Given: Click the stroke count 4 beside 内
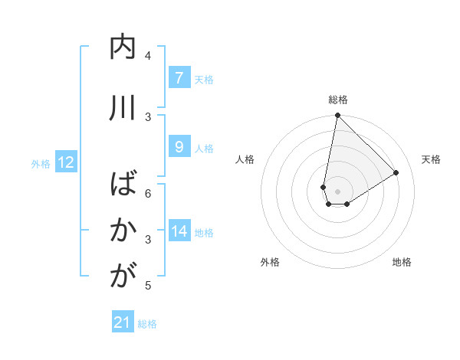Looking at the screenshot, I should (148, 55).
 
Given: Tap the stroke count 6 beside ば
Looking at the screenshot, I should (148, 193).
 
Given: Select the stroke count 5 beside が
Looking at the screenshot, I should (148, 286).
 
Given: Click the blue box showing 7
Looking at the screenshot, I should (179, 77).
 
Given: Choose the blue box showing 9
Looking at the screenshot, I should (179, 147).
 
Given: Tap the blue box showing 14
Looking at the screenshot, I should (179, 231).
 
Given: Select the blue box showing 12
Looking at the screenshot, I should (65, 162).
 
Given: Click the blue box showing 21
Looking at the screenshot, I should (123, 322).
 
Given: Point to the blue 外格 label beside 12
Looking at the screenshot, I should (41, 163).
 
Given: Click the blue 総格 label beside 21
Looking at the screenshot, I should (147, 324).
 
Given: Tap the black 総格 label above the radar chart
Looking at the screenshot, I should (338, 100).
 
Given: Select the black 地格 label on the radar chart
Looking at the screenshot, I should (402, 262).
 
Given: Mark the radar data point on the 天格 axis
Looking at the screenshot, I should (396, 173).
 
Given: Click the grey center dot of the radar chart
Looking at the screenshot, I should (338, 191).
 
